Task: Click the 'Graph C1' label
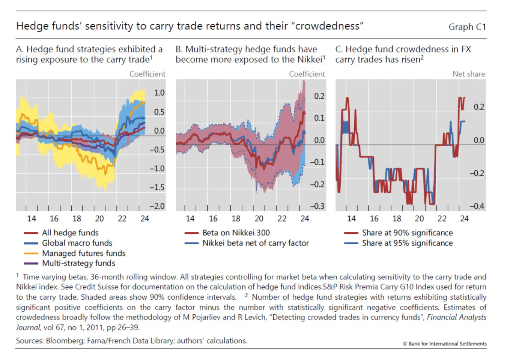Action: pyautogui.click(x=467, y=27)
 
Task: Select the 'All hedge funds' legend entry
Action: pyautogui.click(x=70, y=233)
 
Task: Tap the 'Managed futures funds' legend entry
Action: pyautogui.click(x=83, y=253)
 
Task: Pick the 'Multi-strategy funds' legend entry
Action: pyautogui.click(x=78, y=263)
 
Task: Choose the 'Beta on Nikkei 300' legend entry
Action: pyautogui.click(x=236, y=233)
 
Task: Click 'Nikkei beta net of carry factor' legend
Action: pyautogui.click(x=255, y=243)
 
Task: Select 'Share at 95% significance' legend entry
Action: pyautogui.click(x=407, y=243)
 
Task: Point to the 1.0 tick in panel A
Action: pyautogui.click(x=159, y=93)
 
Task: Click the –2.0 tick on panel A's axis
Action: pyautogui.click(x=157, y=206)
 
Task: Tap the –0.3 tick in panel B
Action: pyautogui.click(x=317, y=206)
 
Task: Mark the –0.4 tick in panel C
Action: pyautogui.click(x=477, y=206)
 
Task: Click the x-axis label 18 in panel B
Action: pyautogui.click(x=236, y=219)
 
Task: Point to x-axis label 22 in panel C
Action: pyautogui.click(x=442, y=219)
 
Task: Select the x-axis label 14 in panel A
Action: pyautogui.click(x=32, y=219)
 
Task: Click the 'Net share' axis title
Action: pyautogui.click(x=469, y=74)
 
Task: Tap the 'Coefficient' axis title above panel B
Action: pyautogui.click(x=307, y=74)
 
